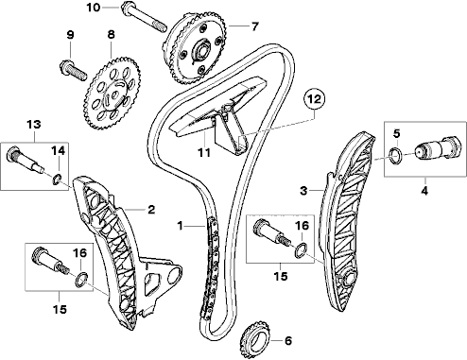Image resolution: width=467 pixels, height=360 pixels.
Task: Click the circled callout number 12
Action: pos(314,99)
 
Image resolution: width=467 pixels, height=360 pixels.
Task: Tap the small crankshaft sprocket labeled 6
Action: pos(254,337)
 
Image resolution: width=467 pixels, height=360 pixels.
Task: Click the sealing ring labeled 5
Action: pos(395,156)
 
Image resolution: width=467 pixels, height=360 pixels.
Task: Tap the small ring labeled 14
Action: pos(57,180)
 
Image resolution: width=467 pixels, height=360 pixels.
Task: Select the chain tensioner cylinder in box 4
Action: pos(435,148)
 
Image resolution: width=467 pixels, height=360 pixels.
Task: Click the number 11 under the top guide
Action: pos(204,153)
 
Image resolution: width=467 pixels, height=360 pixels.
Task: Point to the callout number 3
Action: pos(303,190)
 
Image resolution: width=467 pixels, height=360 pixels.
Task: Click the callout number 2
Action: pos(151,210)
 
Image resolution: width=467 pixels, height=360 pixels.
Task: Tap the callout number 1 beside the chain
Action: pos(180,226)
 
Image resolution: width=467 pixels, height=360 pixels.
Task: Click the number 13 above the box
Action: pos(34,124)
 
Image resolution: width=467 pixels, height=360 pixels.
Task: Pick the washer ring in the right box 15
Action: pos(301,250)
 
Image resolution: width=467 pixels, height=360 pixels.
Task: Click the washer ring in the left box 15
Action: pos(81,280)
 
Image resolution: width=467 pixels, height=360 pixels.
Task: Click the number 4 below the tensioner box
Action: pos(424,191)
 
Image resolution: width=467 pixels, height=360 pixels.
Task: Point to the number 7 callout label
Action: pos(254,26)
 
